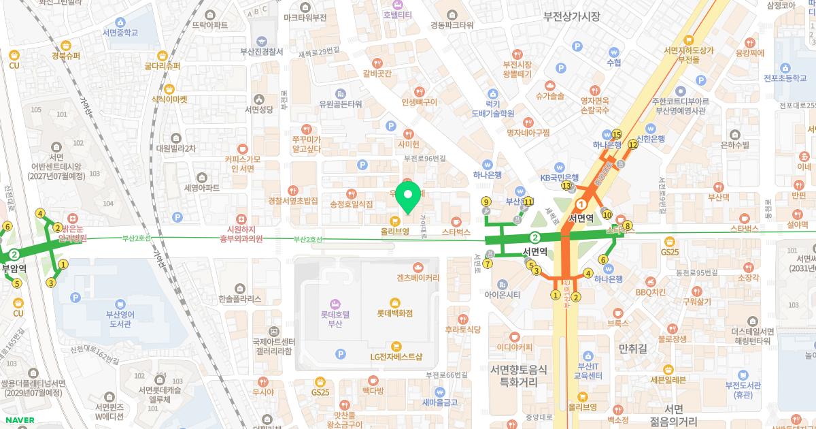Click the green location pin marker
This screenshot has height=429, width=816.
pos(408,197)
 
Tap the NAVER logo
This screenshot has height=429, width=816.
pos(18,420)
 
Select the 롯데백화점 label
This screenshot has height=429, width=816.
pos(395,313)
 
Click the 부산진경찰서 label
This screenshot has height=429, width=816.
pos(262,51)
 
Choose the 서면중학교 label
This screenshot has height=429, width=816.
pos(120,32)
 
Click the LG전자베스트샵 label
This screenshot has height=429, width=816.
pos(396,356)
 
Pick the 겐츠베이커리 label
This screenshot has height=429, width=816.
pos(418,278)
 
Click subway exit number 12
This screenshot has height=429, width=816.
pos(632,144)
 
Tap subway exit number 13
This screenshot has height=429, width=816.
pos(566,185)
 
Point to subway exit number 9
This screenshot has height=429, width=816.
pos(486,202)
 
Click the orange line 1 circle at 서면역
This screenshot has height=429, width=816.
pos(581,204)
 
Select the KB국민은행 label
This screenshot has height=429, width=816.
pos(559,177)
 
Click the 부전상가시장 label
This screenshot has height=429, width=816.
pos(571,16)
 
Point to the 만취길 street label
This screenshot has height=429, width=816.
pos(632,349)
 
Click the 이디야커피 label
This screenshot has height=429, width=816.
pos(513,347)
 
